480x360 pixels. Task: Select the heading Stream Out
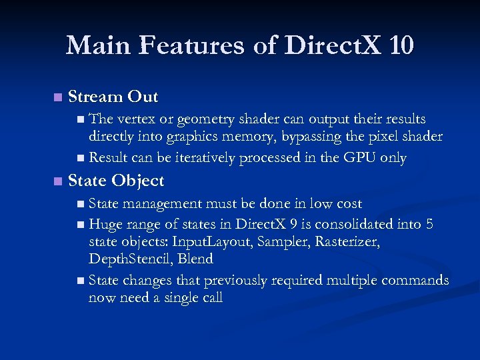[x=113, y=97]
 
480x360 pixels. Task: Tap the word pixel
[x=387, y=137]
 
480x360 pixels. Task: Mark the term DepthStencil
[x=129, y=259]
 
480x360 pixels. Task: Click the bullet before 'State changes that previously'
[x=81, y=281]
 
